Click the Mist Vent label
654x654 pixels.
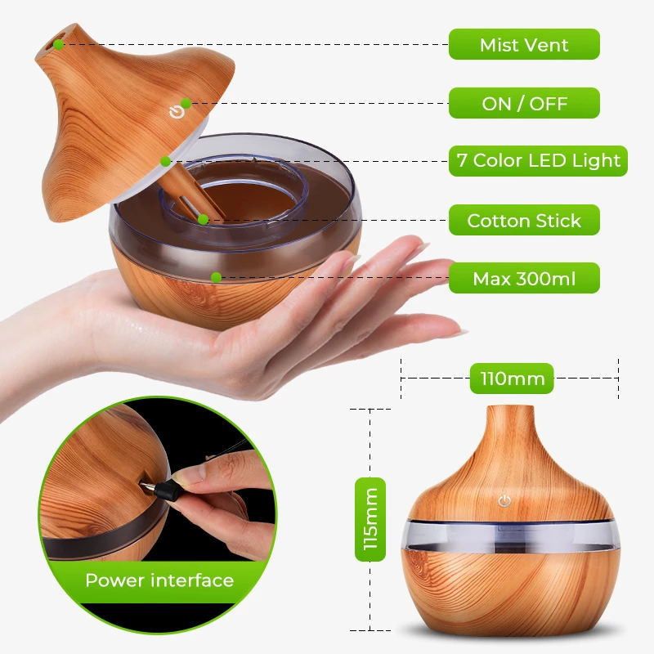[524, 44]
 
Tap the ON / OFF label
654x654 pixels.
[524, 103]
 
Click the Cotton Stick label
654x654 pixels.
[524, 220]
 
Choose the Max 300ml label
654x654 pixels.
[524, 279]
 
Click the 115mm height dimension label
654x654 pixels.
[371, 519]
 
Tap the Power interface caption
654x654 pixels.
[159, 581]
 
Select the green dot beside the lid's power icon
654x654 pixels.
[186, 103]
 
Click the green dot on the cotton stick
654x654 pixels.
[202, 218]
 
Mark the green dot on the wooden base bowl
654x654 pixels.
[216, 277]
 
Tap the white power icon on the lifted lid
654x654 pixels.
[174, 112]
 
